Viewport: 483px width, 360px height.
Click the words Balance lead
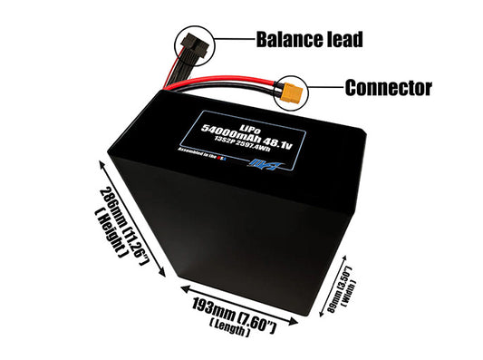[310, 39]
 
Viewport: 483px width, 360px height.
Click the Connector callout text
[388, 88]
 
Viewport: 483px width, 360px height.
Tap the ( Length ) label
[231, 322]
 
